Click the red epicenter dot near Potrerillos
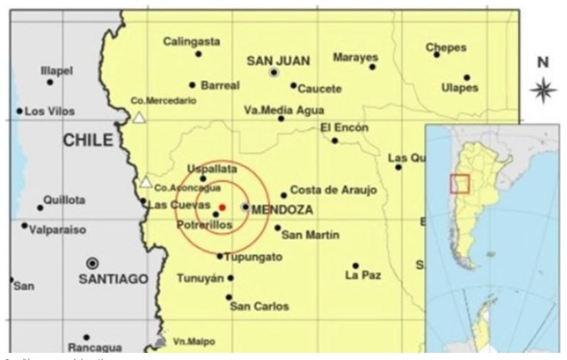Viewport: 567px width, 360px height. coord(222,207)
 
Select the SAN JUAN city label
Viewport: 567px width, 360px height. coord(278,61)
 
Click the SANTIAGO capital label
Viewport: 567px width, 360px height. coord(113,279)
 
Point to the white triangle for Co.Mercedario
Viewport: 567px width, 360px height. coord(140,117)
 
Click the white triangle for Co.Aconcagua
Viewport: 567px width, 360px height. coord(146,182)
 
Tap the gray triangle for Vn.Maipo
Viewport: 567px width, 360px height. coord(160,342)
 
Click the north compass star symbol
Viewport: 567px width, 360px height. coord(543,90)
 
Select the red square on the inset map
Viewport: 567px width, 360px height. coord(460,184)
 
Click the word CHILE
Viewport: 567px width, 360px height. coord(88,140)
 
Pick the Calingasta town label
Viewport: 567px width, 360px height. coord(188,41)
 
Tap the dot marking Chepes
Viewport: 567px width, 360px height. coord(437,55)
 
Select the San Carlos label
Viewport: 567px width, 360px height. coord(260,306)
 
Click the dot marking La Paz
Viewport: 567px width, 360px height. coord(356,265)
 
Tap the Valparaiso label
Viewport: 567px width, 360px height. coord(58,230)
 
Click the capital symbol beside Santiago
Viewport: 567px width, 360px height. coord(92,263)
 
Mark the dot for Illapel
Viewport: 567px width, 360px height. coord(50,82)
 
